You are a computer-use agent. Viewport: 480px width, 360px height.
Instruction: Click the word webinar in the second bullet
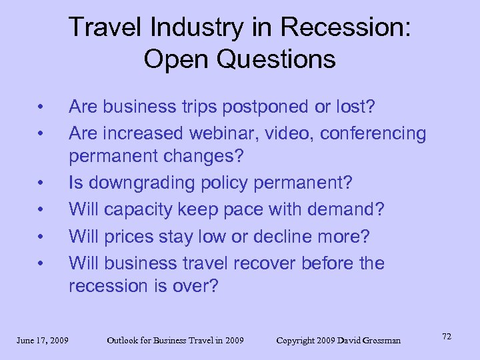[x=217, y=133]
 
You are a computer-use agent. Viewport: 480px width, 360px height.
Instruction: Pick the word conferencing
[x=373, y=133]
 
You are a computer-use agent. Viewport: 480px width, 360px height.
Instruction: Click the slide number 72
[x=446, y=337]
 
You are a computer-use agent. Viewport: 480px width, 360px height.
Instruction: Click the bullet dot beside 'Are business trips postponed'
[x=41, y=107]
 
